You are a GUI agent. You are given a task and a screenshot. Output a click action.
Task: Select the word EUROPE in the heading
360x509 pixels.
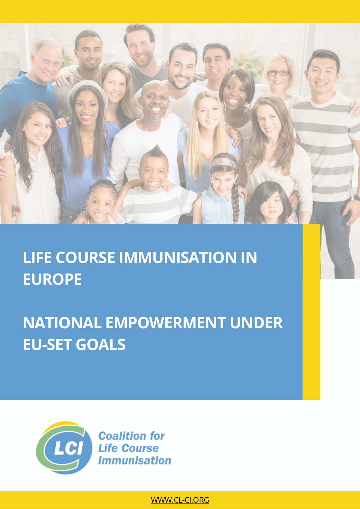click(x=52, y=279)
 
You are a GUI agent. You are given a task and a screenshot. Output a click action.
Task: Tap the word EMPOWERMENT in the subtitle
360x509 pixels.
click(x=165, y=323)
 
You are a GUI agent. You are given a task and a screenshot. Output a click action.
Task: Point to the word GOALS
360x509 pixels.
click(x=101, y=345)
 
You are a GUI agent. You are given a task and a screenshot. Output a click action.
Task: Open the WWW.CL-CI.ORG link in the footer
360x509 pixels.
click(x=180, y=500)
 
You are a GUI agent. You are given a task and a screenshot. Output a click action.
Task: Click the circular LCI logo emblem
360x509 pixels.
click(x=64, y=448)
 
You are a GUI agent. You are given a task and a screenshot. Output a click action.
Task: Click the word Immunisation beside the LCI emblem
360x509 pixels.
click(x=135, y=461)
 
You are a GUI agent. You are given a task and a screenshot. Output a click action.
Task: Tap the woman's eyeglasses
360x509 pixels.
click(x=278, y=73)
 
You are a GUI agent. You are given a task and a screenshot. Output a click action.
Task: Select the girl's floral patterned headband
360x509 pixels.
click(x=223, y=162)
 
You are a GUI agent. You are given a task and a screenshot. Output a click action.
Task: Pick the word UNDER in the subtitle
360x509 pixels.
click(x=256, y=323)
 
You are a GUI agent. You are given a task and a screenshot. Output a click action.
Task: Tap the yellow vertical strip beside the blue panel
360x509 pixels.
click(x=311, y=312)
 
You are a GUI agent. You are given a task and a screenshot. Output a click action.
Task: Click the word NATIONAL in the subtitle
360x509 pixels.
click(x=62, y=323)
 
